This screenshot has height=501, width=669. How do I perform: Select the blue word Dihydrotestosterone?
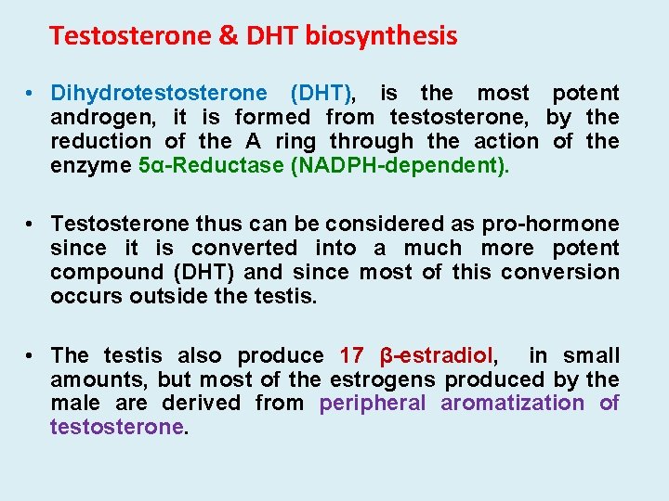click(x=159, y=93)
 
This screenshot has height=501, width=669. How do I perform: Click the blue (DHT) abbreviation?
click(x=322, y=93)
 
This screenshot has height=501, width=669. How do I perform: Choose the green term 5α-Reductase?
click(x=196, y=165)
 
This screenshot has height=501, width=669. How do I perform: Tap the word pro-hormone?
click(x=550, y=224)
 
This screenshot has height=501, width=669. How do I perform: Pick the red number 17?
click(x=352, y=355)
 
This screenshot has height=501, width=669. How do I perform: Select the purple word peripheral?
click(x=373, y=403)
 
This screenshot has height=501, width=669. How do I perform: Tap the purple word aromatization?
click(x=512, y=403)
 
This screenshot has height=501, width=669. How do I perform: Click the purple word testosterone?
click(x=118, y=427)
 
